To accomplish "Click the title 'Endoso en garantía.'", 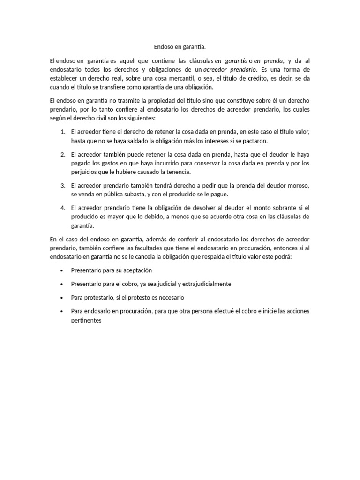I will (x=180, y=47).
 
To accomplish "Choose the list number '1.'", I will (x=63, y=132).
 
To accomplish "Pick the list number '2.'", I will (x=63, y=154).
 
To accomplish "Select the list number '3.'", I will (x=63, y=186).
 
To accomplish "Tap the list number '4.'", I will (x=63, y=208).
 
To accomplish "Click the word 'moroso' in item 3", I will (x=297, y=186).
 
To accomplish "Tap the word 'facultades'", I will (x=150, y=248).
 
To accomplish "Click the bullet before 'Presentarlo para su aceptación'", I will (x=62, y=271).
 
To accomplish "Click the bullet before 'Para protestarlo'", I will (x=62, y=298).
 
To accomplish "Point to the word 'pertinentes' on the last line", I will (x=86, y=320).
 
